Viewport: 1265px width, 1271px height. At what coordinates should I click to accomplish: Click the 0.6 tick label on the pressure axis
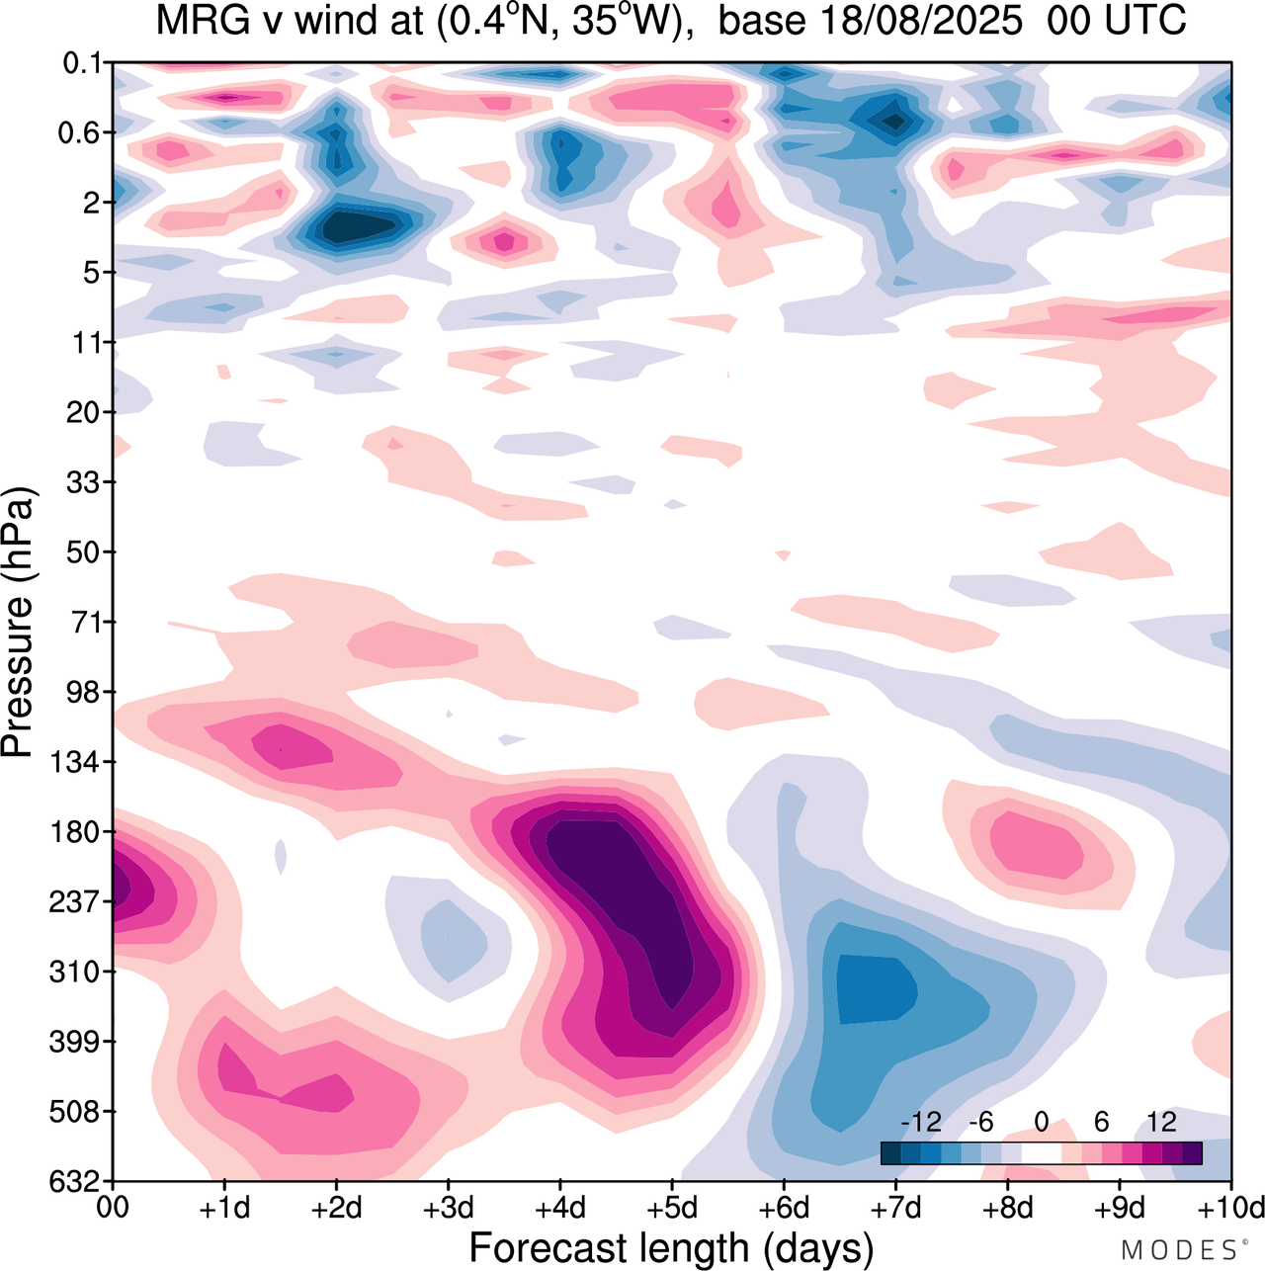point(79,132)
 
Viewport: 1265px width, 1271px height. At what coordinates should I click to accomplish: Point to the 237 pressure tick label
point(75,901)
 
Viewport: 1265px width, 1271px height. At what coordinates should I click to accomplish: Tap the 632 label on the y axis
point(75,1181)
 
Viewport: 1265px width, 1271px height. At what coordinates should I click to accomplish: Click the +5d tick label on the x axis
point(672,1208)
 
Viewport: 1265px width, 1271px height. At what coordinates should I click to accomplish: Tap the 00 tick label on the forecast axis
point(113,1208)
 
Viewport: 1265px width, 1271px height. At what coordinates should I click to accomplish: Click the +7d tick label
point(895,1208)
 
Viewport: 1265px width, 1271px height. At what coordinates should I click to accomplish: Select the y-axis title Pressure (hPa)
point(18,623)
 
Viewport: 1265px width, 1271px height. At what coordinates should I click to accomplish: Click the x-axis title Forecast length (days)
point(671,1247)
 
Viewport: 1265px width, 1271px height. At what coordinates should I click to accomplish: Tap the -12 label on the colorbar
point(921,1122)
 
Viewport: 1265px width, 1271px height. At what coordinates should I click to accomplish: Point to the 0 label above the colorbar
point(1041,1122)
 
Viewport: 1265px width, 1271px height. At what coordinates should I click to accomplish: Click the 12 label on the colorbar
point(1161,1122)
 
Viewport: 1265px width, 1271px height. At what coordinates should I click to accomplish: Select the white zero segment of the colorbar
point(1041,1153)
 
